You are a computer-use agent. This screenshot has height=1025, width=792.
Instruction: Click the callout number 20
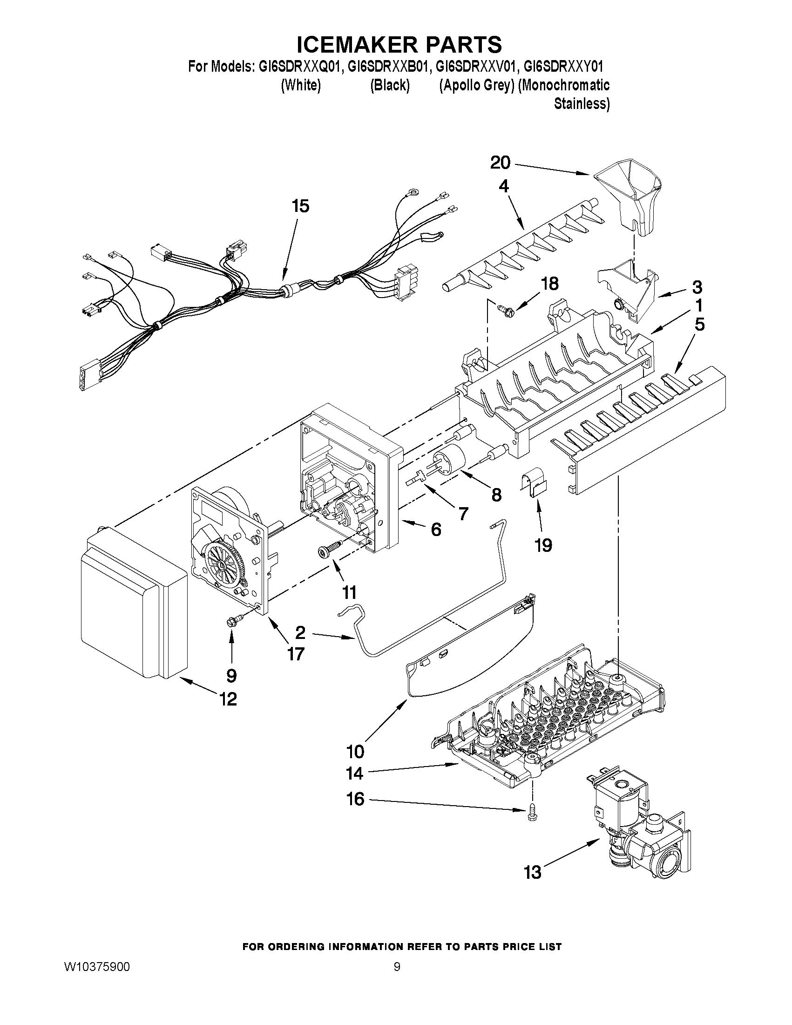(500, 163)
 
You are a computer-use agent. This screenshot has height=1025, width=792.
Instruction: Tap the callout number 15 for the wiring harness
(301, 206)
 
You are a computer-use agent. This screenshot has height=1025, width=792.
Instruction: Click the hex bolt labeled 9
(233, 623)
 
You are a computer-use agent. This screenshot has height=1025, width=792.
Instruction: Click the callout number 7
(463, 514)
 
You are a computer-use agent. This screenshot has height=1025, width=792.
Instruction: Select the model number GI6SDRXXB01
(388, 67)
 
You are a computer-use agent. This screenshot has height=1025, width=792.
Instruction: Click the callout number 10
(355, 751)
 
